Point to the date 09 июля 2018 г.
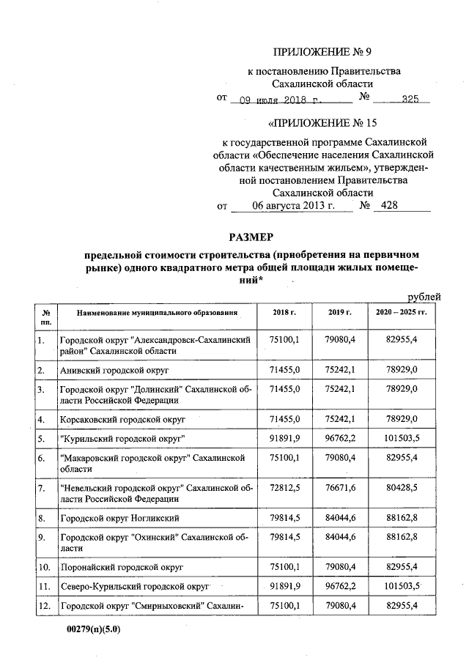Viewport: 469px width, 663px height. pos(281,98)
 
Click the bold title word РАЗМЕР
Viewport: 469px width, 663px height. pos(250,237)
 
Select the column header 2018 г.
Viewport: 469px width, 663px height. pos(284,313)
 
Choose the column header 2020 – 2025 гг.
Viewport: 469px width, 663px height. pos(399,313)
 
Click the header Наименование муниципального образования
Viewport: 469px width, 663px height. pos(158,313)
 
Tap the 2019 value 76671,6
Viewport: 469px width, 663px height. pos(341,487)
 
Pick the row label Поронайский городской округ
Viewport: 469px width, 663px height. pos(121,567)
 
